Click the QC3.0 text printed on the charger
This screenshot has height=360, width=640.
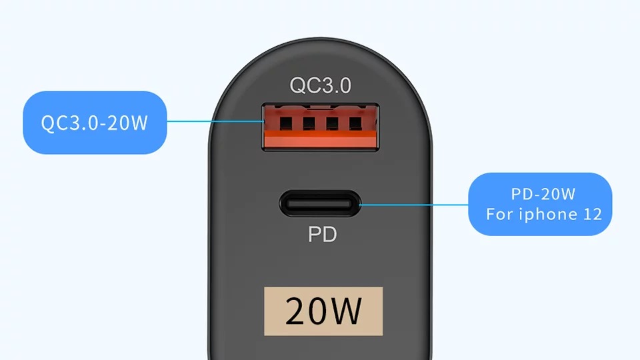[x=321, y=85]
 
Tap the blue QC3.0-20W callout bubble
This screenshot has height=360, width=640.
[x=95, y=123]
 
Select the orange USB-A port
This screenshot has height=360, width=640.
[x=321, y=127]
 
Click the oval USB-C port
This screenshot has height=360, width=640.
[x=321, y=204]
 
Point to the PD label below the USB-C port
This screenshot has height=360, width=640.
[x=323, y=234]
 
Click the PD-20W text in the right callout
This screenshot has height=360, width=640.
[x=543, y=194]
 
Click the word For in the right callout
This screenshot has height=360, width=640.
[x=499, y=214]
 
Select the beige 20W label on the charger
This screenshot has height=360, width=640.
[x=323, y=311]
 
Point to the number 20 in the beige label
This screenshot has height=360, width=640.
[x=305, y=311]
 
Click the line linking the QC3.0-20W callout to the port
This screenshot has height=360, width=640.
[x=215, y=121]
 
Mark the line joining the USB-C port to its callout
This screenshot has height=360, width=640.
[x=414, y=205]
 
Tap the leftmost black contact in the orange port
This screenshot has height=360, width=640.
[x=286, y=123]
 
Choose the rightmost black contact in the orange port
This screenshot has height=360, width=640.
[x=355, y=123]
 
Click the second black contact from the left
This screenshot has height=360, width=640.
[x=309, y=123]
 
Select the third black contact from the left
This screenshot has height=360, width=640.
[x=332, y=123]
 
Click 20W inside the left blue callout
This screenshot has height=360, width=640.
[x=127, y=123]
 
